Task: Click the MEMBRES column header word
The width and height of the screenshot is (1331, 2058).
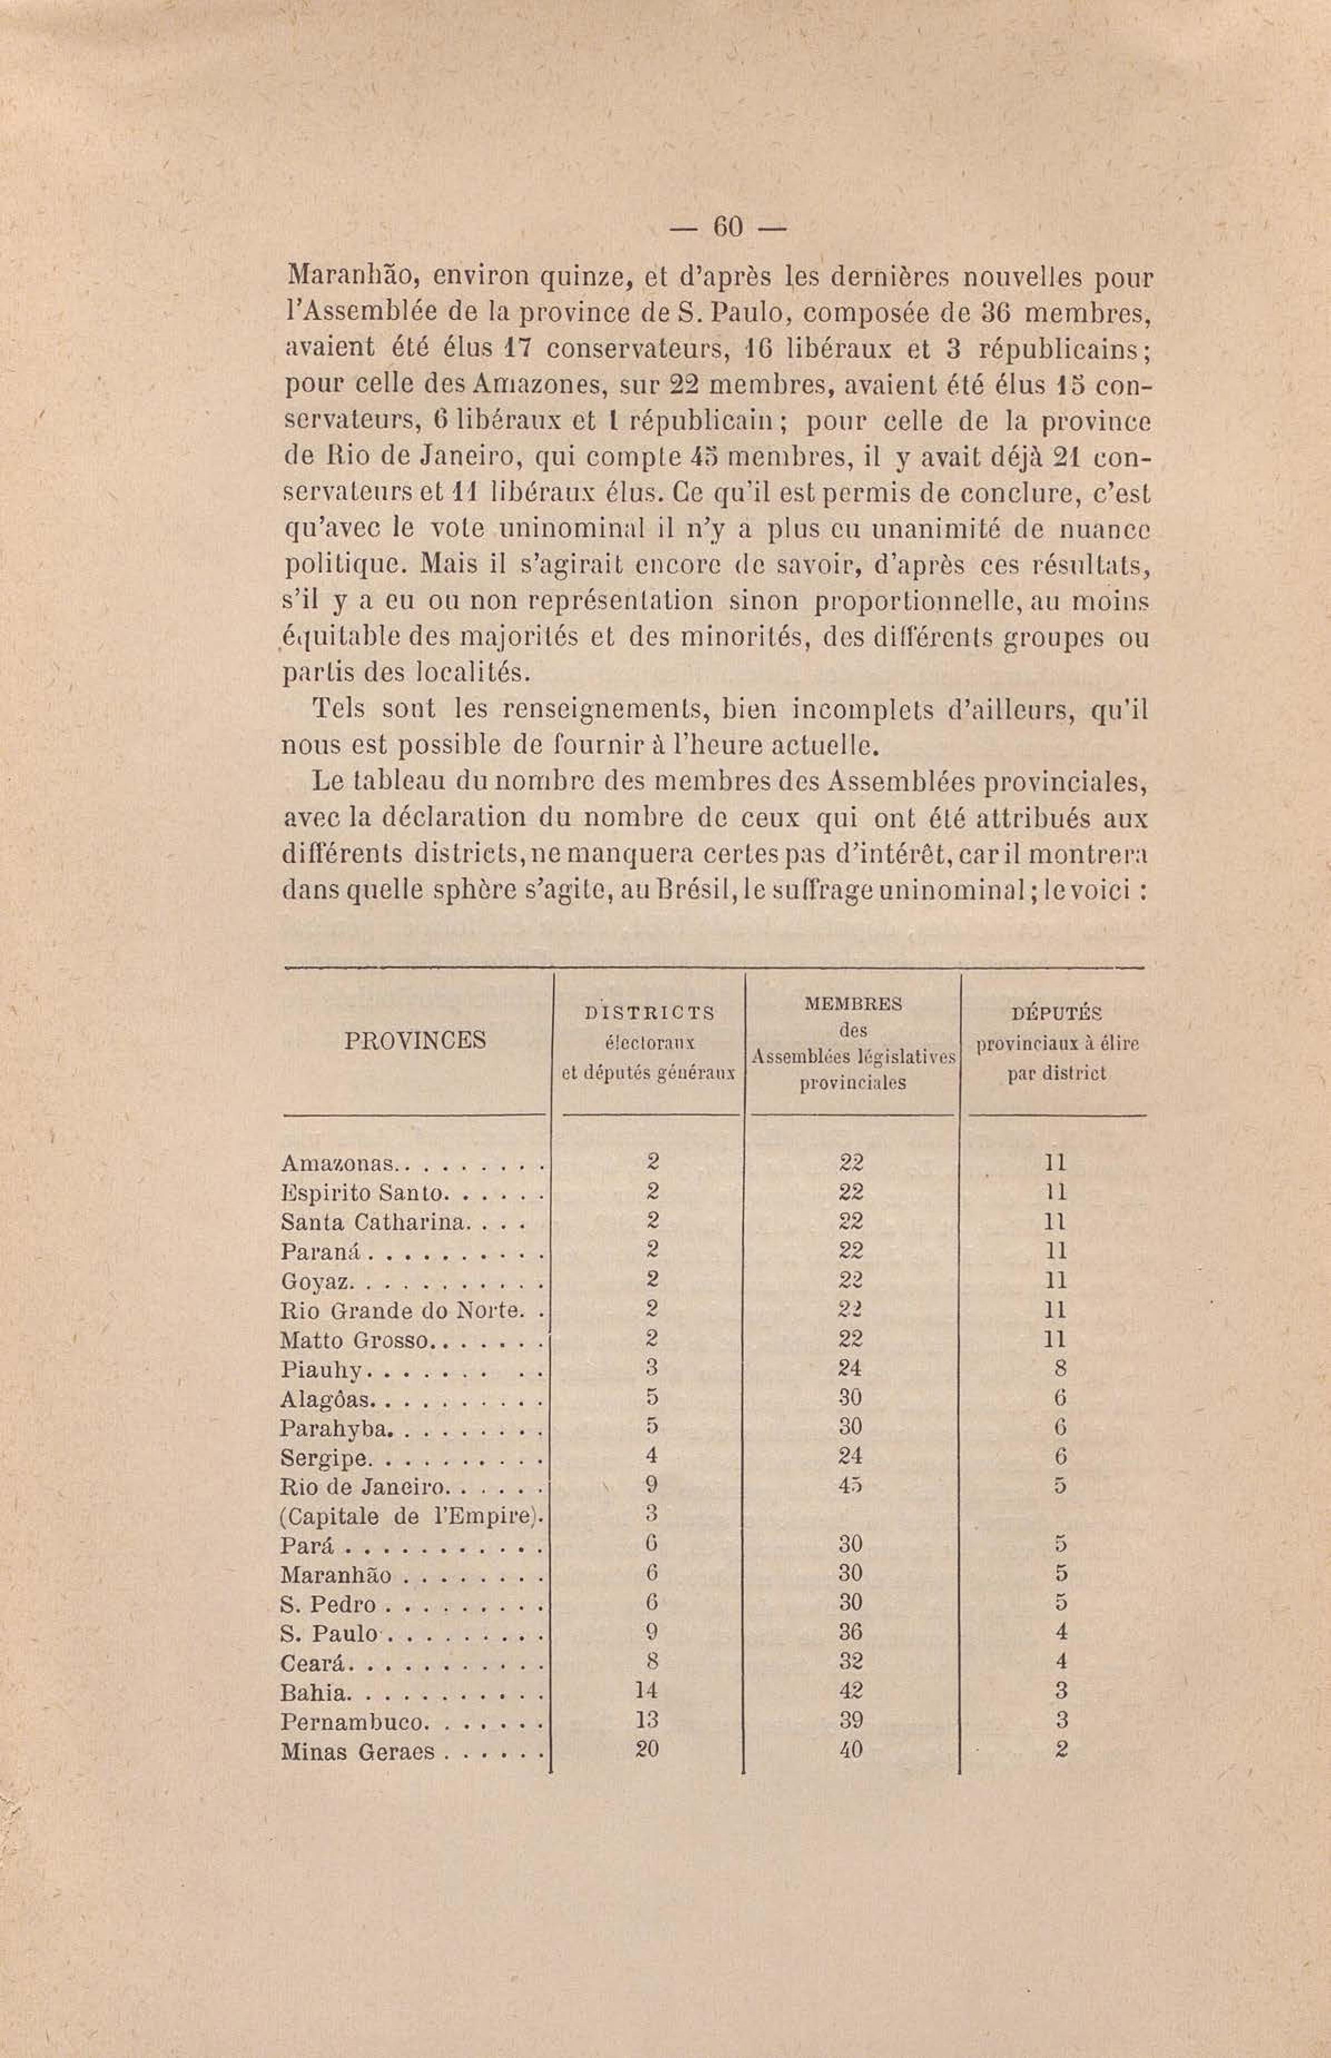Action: [853, 1004]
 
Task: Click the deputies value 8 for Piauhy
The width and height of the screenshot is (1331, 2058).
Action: [1061, 1369]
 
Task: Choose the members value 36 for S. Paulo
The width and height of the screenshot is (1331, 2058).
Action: [851, 1632]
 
